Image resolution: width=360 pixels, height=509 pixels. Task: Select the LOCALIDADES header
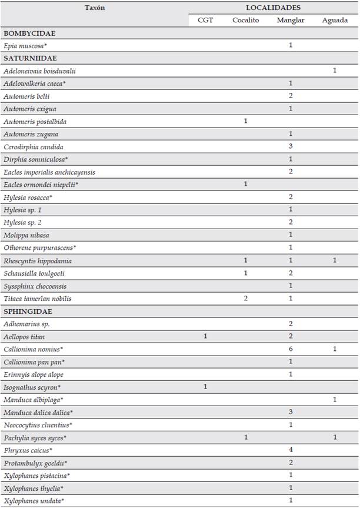273,8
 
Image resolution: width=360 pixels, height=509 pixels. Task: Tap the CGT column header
205,21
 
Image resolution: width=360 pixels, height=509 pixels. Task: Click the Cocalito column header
245,21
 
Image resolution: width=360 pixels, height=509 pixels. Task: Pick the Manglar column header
291,21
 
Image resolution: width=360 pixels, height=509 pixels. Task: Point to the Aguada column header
335,21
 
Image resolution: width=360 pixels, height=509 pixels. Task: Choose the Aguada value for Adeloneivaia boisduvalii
335,71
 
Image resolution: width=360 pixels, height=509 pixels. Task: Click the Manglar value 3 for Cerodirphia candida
291,146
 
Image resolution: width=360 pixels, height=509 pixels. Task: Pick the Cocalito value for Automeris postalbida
245,121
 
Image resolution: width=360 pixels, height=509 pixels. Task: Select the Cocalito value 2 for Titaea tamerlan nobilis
245,299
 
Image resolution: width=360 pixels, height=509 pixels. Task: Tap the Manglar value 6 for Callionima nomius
291,349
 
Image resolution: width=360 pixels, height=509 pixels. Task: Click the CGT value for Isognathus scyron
205,387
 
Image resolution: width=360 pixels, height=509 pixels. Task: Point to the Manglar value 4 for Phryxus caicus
291,450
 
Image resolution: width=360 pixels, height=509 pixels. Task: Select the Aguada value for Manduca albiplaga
335,400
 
